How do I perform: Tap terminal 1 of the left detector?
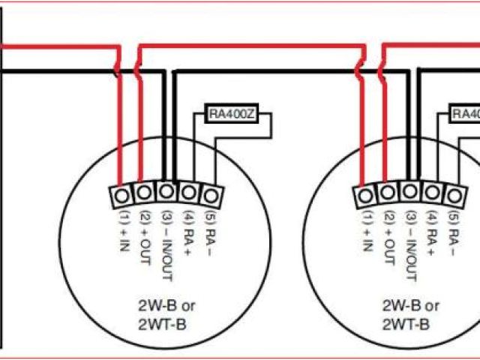pos(120,196)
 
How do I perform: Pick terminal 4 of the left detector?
pos(189,193)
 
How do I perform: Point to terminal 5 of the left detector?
pos(212,196)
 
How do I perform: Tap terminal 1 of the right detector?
pos(365,196)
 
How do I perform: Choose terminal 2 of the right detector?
pos(387,193)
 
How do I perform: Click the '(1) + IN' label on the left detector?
pos(121,234)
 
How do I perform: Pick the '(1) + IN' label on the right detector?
pos(366,234)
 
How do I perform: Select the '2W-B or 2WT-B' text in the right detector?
pos(412,315)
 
